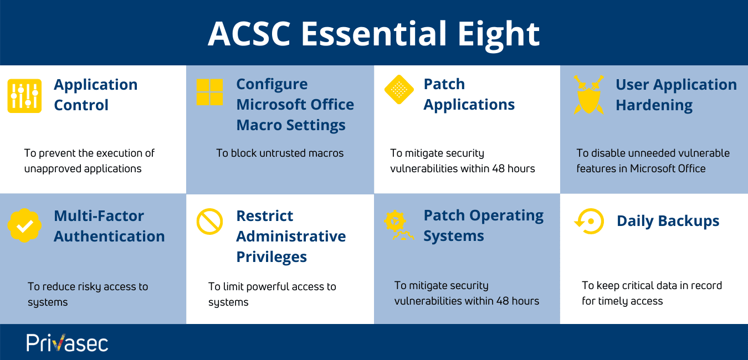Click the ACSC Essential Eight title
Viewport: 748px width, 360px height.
click(x=373, y=34)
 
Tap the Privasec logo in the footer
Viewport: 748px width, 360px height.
click(x=67, y=342)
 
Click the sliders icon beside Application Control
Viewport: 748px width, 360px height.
click(x=24, y=96)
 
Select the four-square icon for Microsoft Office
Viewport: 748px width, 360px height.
click(x=209, y=92)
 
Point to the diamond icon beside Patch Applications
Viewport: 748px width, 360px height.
click(x=399, y=89)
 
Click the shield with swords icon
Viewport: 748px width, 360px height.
click(x=588, y=95)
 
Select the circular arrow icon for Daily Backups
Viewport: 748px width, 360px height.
click(x=588, y=222)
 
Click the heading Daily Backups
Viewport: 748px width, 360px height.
click(x=668, y=221)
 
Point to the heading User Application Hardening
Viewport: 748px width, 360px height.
click(x=676, y=95)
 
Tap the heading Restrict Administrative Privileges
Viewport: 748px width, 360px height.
click(x=291, y=236)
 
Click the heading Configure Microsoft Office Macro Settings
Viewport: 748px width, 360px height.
click(x=295, y=105)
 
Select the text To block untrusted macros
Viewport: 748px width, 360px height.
click(x=280, y=153)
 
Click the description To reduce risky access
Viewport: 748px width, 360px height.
click(x=88, y=294)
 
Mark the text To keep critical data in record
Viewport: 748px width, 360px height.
click(x=652, y=293)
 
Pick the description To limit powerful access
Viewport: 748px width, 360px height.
click(x=272, y=294)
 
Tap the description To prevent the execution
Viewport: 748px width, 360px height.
click(x=89, y=161)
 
